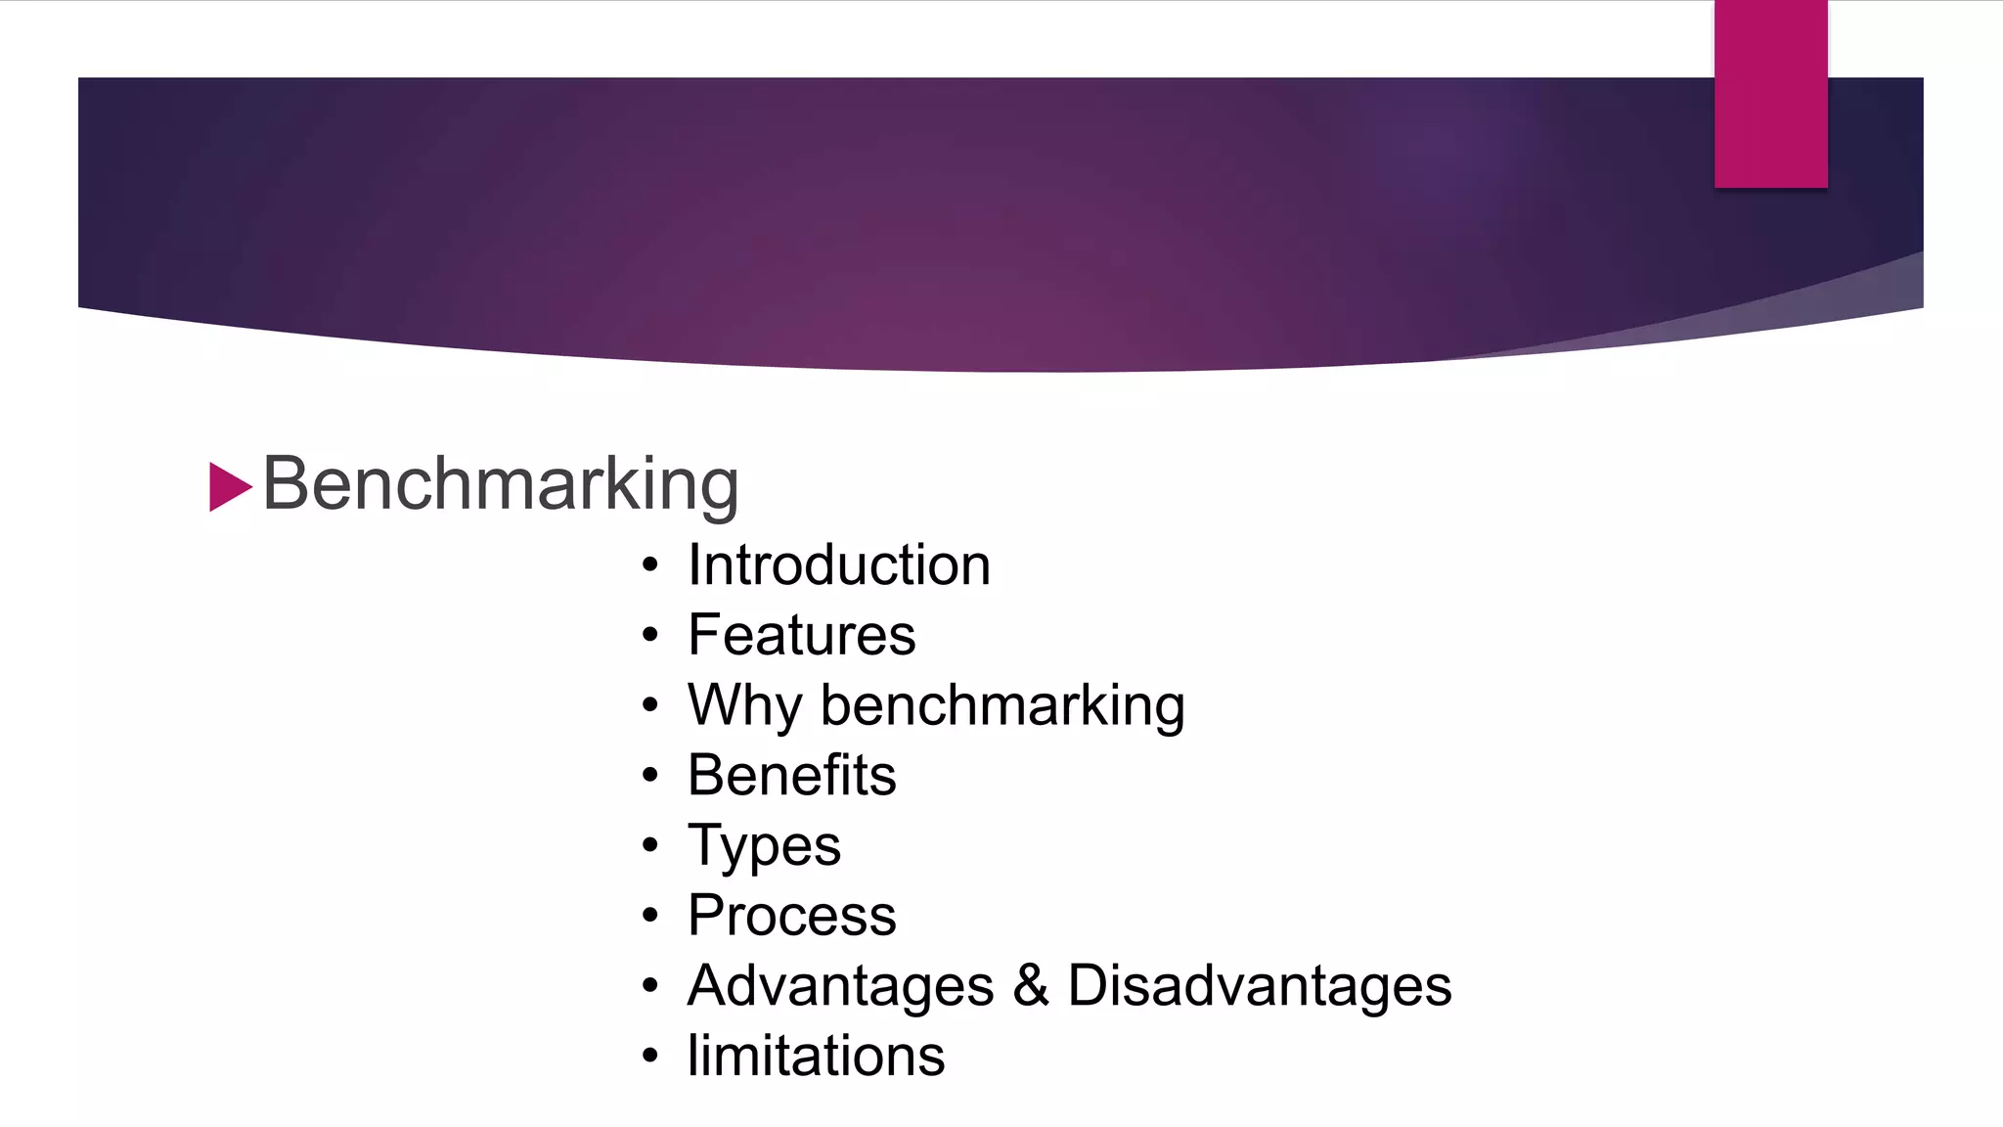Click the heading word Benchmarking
coord(500,484)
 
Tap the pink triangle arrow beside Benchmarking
coord(230,487)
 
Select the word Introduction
coord(839,565)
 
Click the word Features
coord(802,635)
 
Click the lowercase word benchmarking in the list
coord(1002,705)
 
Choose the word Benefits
coord(792,776)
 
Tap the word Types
coord(765,846)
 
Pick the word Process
coord(792,916)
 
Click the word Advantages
coord(841,986)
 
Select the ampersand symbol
coord(1031,986)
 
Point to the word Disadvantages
coord(1260,986)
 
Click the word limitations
coord(817,1057)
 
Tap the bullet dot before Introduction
coord(650,566)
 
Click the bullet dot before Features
coord(650,636)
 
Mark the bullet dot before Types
coord(650,846)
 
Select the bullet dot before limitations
coord(650,1057)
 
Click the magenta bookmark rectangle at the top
coord(1770,94)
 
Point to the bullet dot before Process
coord(650,917)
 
